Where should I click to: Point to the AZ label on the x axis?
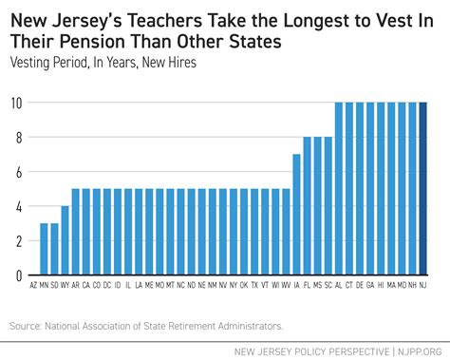point(33,285)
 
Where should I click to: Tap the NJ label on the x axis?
point(422,285)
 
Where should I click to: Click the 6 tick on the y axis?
point(17,171)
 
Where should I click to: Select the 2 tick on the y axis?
point(17,240)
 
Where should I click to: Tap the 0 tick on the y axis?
point(17,275)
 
